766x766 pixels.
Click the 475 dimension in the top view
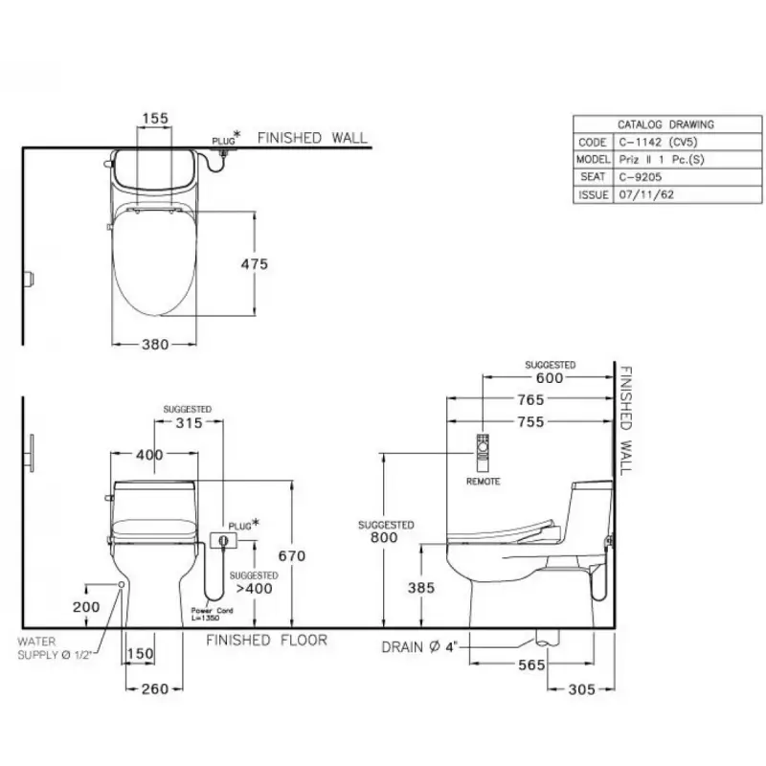pyautogui.click(x=255, y=264)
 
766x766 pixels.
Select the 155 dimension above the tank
pyautogui.click(x=155, y=118)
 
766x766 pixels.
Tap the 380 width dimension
pyautogui.click(x=155, y=345)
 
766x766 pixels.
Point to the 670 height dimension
pyautogui.click(x=292, y=556)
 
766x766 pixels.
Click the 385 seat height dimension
pyautogui.click(x=421, y=588)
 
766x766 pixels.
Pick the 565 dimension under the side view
pyautogui.click(x=531, y=665)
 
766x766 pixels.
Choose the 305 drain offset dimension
pyautogui.click(x=582, y=689)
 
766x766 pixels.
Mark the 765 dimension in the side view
pyautogui.click(x=531, y=399)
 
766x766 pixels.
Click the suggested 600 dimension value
pyautogui.click(x=550, y=377)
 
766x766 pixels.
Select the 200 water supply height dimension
pyautogui.click(x=86, y=607)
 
